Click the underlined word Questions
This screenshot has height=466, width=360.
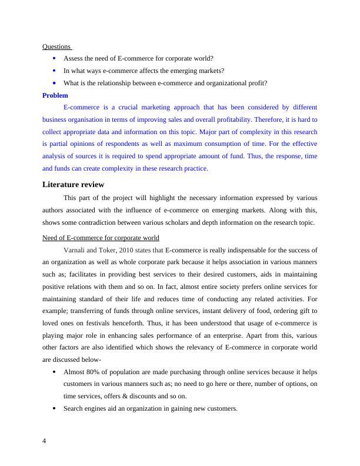point(56,46)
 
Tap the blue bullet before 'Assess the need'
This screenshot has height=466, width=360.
point(55,58)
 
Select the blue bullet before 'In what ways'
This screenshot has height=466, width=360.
point(55,71)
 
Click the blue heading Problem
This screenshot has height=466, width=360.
point(55,95)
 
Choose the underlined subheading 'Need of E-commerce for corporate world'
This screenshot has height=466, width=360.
point(101,238)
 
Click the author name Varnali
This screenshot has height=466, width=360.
point(75,251)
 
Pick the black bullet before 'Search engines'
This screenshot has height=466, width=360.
point(55,409)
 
